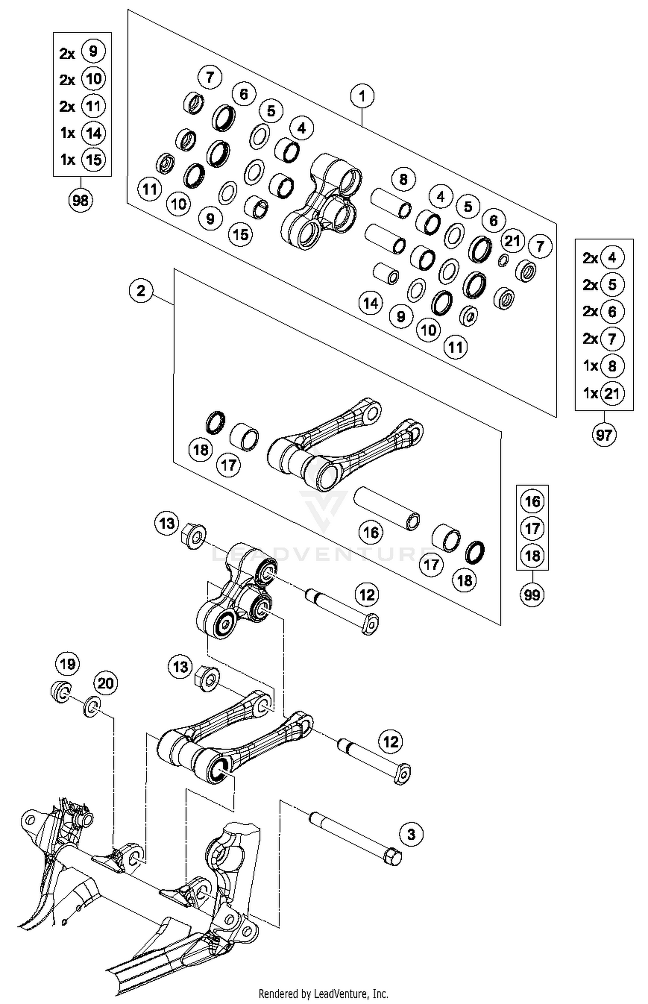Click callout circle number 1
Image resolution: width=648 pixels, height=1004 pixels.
[362, 96]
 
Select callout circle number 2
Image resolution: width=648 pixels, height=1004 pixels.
[141, 290]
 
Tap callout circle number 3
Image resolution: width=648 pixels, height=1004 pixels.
[411, 834]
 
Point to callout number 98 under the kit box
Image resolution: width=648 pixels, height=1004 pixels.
[81, 200]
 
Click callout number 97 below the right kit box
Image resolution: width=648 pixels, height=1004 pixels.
[604, 434]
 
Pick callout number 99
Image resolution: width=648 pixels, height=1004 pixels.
[532, 595]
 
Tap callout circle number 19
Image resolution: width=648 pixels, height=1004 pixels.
[67, 664]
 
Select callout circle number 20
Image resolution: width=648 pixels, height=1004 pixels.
[106, 683]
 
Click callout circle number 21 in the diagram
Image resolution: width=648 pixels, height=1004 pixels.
[512, 240]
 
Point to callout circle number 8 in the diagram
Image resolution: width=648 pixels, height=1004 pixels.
[403, 179]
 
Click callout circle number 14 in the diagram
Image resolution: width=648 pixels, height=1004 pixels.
[371, 303]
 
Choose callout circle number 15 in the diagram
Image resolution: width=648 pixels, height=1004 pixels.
[241, 234]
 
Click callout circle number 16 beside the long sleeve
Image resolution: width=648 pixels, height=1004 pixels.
[371, 532]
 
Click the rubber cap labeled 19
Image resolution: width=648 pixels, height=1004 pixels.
[61, 692]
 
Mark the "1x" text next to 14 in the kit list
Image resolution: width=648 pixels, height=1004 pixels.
[67, 133]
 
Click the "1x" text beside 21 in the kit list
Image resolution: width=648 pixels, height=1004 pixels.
[590, 393]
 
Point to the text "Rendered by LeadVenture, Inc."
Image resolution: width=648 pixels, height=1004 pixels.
[323, 993]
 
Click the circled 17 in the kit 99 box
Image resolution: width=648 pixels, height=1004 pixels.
[532, 528]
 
